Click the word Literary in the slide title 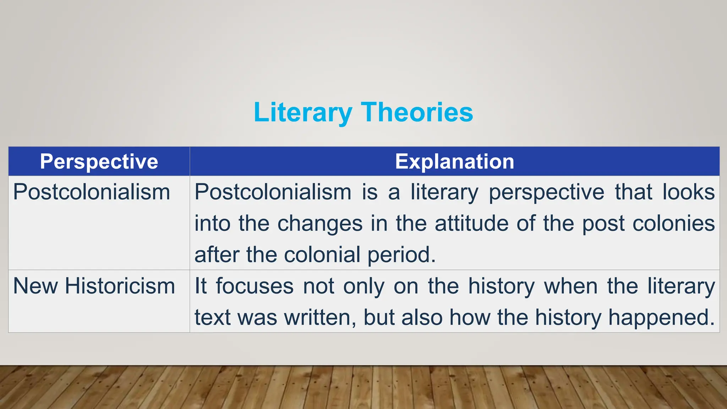coord(302,112)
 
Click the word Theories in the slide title coord(417,112)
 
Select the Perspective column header coord(99,162)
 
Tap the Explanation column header coord(455,162)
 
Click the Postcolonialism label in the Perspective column coord(92,192)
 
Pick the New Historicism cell coord(94,286)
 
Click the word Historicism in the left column coord(120,286)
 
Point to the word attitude coord(472,224)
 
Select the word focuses coord(255,286)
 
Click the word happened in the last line coord(661,317)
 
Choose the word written coord(320,317)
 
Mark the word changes coord(320,224)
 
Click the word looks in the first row coord(689,192)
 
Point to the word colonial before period coord(322,255)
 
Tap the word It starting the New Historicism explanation coord(201,286)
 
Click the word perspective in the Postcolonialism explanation coord(546,192)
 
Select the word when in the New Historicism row coord(571,286)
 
